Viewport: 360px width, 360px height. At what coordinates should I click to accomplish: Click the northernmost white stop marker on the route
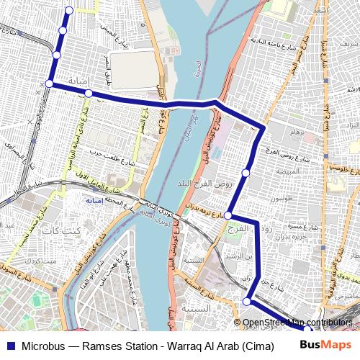pos(69,9)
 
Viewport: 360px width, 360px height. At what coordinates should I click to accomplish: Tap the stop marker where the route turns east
pos(49,84)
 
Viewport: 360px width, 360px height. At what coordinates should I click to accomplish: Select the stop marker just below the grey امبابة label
pos(88,94)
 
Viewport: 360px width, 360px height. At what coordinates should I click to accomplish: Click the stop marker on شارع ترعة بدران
pos(228,215)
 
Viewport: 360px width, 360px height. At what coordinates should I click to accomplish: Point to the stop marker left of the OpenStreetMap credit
pos(247,301)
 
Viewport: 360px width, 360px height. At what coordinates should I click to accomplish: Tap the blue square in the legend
pos(12,345)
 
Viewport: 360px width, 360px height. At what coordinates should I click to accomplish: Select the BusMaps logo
pos(328,344)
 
